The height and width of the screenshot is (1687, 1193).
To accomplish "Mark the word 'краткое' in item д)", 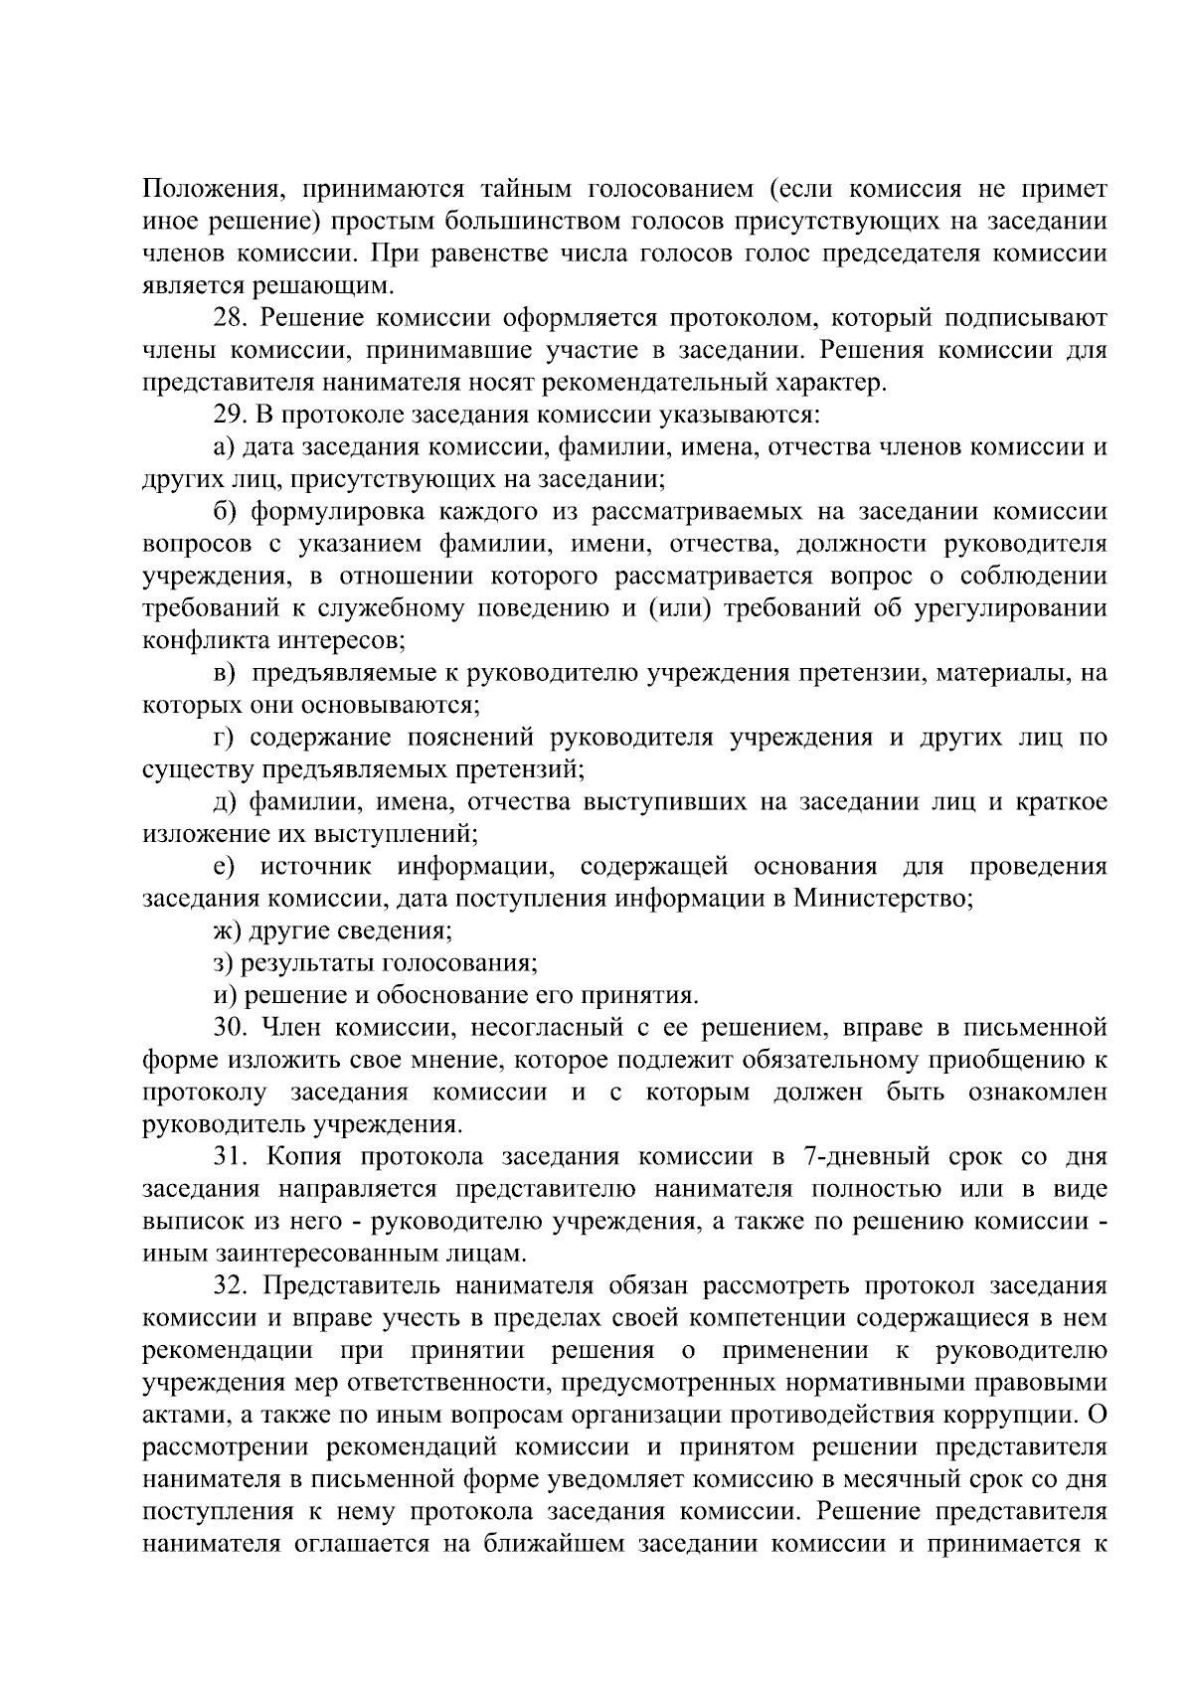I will (x=1062, y=802).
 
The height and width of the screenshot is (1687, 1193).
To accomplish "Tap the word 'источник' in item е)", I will (x=317, y=867).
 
